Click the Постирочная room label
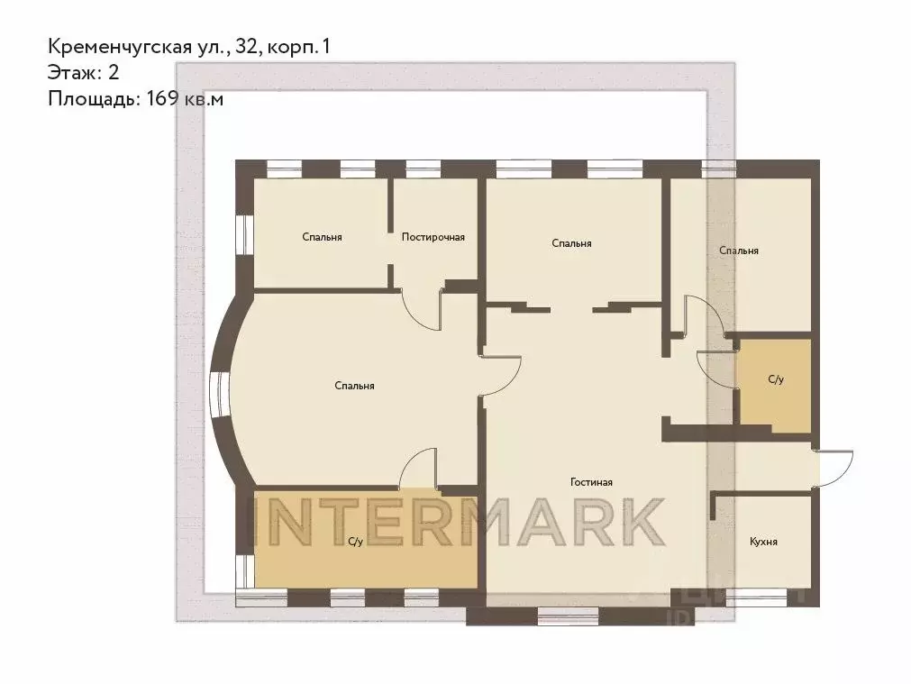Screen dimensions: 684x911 tap(433, 237)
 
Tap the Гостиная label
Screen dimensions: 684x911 tap(591, 482)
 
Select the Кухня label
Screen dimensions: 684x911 tap(763, 543)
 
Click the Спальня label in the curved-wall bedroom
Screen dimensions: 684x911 tap(354, 386)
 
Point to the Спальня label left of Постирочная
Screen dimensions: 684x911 tap(322, 237)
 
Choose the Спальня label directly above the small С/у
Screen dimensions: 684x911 tap(738, 251)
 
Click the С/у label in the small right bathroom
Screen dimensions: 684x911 tap(775, 380)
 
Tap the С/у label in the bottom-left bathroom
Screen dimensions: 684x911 tap(355, 542)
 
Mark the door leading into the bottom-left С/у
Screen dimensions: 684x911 tap(418, 468)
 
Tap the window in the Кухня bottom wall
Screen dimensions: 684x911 tap(757, 595)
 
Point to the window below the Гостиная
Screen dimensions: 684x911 tap(568, 616)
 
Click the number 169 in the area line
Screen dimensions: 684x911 tap(159, 99)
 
